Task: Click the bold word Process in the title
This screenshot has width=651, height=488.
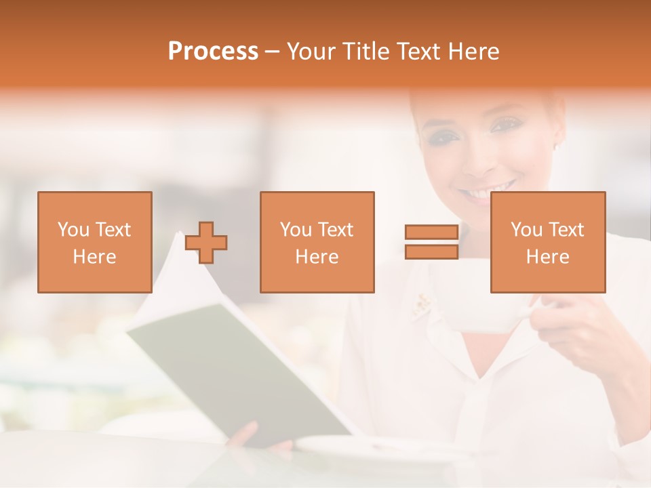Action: (213, 52)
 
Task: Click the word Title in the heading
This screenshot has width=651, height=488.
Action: (364, 52)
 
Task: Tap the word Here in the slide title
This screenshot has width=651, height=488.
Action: (473, 52)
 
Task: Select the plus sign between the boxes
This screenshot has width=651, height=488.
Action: (206, 242)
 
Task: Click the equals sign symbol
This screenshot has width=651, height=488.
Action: (431, 242)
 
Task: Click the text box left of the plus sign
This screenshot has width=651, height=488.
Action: (95, 242)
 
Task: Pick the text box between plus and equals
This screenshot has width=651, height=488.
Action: (317, 242)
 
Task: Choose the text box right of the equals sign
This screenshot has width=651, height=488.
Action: (547, 242)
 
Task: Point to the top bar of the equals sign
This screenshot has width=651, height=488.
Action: (431, 232)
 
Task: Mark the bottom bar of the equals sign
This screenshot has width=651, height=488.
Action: (431, 251)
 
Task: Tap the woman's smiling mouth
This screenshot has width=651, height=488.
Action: (487, 190)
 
